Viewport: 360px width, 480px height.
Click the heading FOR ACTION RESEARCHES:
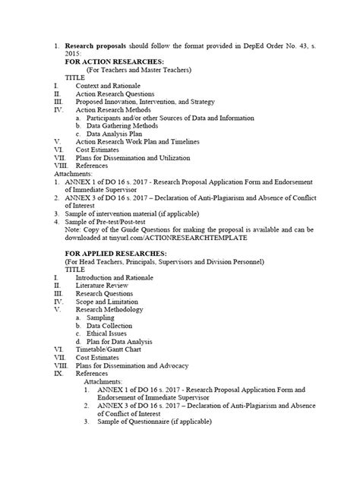[108, 62]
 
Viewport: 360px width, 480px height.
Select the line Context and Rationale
[109, 85]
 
